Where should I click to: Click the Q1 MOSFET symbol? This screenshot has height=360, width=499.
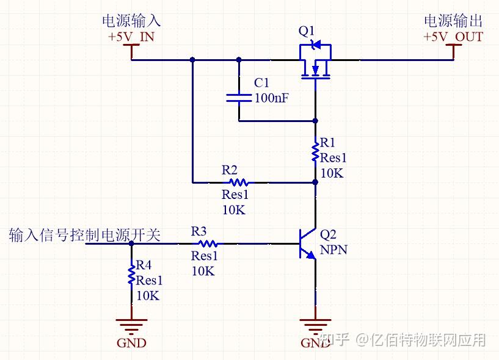pos(315,61)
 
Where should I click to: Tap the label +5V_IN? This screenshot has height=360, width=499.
pos(131,37)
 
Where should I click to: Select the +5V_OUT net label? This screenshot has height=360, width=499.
pos(453,37)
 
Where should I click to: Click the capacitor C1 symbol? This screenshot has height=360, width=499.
pos(239,98)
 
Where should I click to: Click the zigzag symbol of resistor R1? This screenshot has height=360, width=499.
pos(315,152)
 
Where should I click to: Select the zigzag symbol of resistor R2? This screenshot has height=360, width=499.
pos(237,182)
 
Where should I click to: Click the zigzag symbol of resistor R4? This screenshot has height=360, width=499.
pos(131,274)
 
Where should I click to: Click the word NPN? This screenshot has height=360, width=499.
pos(333,249)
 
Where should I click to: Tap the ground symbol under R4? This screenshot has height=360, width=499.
pos(131,325)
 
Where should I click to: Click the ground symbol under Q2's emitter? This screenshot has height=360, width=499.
pos(315,325)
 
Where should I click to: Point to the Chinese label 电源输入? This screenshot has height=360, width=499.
pos(131,21)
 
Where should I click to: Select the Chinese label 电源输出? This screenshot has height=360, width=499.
pos(453,21)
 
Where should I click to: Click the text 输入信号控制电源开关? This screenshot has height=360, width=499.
pos(85,235)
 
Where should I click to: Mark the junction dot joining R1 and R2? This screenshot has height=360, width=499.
pos(315,182)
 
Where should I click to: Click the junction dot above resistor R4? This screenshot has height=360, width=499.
pos(131,243)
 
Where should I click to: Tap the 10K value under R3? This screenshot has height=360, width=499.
pos(203,272)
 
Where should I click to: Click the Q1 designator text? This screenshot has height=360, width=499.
pos(307,31)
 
